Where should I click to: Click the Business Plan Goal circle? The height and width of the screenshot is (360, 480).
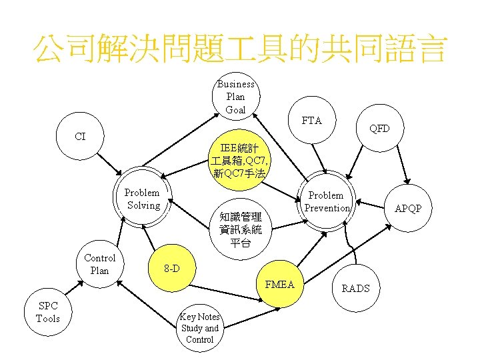point(235,97)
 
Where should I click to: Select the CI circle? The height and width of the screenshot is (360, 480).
point(81,137)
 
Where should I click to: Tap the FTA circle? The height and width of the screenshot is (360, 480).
point(311,121)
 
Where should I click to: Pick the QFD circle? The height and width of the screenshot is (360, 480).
point(379,128)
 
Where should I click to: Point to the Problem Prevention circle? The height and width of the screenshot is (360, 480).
point(327,201)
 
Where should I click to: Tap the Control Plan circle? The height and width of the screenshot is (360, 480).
point(99,264)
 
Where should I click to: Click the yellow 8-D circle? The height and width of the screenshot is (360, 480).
point(171,269)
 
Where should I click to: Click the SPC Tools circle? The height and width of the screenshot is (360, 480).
point(48,312)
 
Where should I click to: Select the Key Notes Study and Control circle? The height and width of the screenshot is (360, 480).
point(200,328)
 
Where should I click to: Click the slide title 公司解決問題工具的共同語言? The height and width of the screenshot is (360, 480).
point(240,49)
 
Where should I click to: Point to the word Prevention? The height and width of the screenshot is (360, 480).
point(327,208)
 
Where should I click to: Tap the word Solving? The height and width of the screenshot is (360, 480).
point(143,205)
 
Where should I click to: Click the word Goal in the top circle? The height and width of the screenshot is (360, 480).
point(235,109)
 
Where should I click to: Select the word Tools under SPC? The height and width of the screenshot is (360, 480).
point(48,319)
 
